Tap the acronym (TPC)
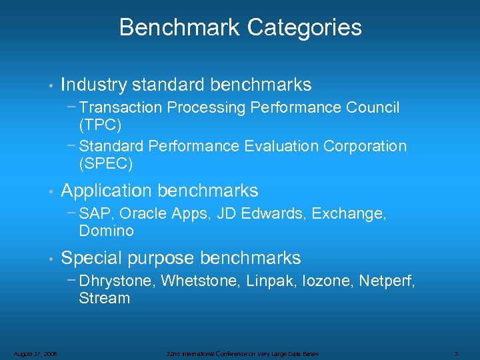coord(99,125)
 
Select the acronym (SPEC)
coord(105,163)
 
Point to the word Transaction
coord(121,108)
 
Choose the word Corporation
coord(365,146)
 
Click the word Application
coord(107,191)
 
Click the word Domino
coord(106,231)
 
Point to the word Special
coord(91,258)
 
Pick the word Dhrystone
coord(116,281)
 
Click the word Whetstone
coord(201,281)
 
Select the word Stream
coord(104,299)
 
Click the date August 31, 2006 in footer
coord(34,353)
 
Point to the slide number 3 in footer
coord(455,353)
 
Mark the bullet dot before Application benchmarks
coord(51,192)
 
